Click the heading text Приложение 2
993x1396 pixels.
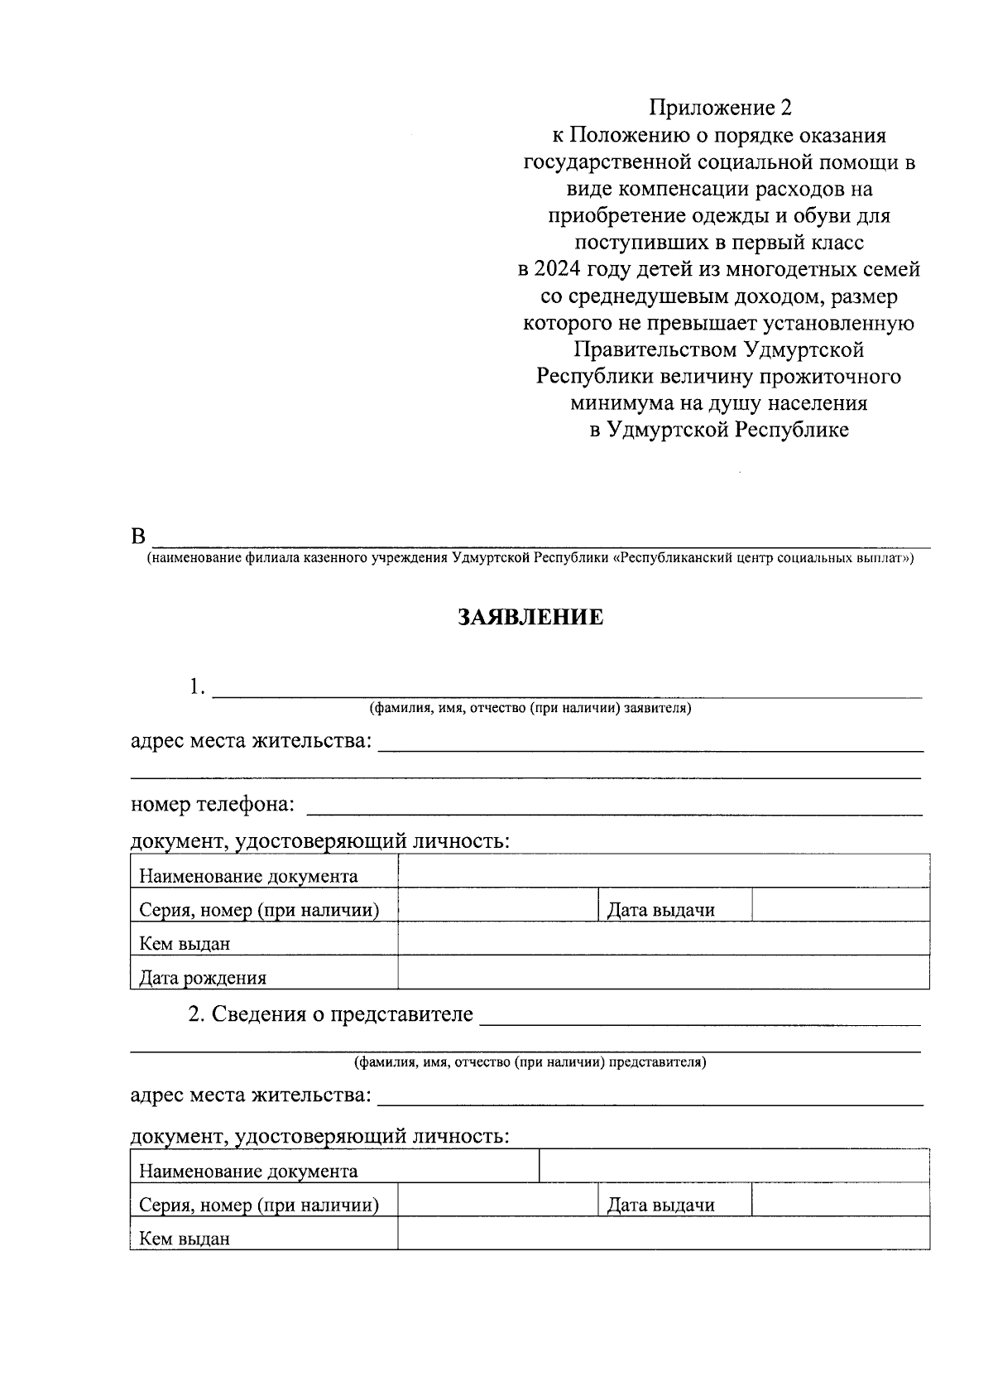pyautogui.click(x=720, y=108)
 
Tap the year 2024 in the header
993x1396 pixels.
pyautogui.click(x=557, y=269)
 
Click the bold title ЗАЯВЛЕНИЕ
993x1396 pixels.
pyautogui.click(x=530, y=618)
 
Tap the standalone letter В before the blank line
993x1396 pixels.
pyautogui.click(x=138, y=536)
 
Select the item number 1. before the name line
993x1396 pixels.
pyautogui.click(x=196, y=687)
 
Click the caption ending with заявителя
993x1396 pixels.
pyautogui.click(x=530, y=709)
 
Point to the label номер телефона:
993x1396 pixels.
pyautogui.click(x=213, y=805)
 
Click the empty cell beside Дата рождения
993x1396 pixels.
pyautogui.click(x=663, y=972)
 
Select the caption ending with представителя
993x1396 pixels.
pyautogui.click(x=530, y=1061)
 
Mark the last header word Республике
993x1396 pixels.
pyautogui.click(x=792, y=431)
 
